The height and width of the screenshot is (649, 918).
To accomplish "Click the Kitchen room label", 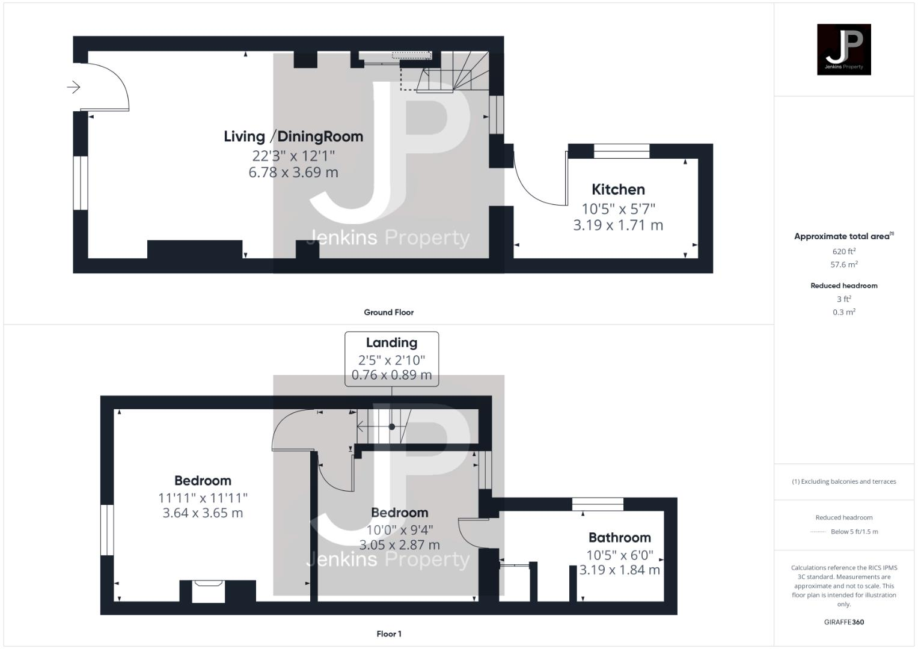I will [x=618, y=189].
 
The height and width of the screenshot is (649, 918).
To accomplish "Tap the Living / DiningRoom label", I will [x=293, y=136].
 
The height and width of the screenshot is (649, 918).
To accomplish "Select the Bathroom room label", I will [x=619, y=538].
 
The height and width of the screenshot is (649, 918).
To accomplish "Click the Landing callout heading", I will [x=391, y=343].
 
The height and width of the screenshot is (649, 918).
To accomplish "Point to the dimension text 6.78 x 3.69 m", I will [x=293, y=172].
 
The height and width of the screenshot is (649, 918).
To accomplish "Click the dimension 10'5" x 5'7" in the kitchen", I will [x=618, y=209].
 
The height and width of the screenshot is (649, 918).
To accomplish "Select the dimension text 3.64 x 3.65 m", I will [x=203, y=513].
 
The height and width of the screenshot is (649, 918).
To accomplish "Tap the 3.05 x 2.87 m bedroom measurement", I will [x=399, y=545].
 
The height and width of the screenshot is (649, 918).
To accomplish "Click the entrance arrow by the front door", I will [x=73, y=88].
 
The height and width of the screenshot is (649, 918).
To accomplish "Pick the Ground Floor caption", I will [x=388, y=312].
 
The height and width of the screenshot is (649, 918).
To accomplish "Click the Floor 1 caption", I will [x=388, y=634].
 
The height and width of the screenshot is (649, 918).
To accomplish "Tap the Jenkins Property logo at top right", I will [x=843, y=49].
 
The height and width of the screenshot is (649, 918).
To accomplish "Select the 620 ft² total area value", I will [x=843, y=252].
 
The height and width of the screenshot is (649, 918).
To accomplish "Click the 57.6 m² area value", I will [x=843, y=264].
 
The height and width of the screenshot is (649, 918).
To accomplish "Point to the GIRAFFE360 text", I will [x=843, y=622].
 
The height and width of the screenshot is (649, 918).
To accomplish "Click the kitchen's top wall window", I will [x=621, y=151].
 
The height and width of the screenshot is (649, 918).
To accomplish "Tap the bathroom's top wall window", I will [x=597, y=504].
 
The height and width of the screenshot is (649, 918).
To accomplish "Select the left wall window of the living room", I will [x=81, y=183].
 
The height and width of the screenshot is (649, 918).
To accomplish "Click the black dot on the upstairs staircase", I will [x=392, y=427].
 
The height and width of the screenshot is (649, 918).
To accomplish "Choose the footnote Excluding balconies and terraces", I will [x=843, y=481].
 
